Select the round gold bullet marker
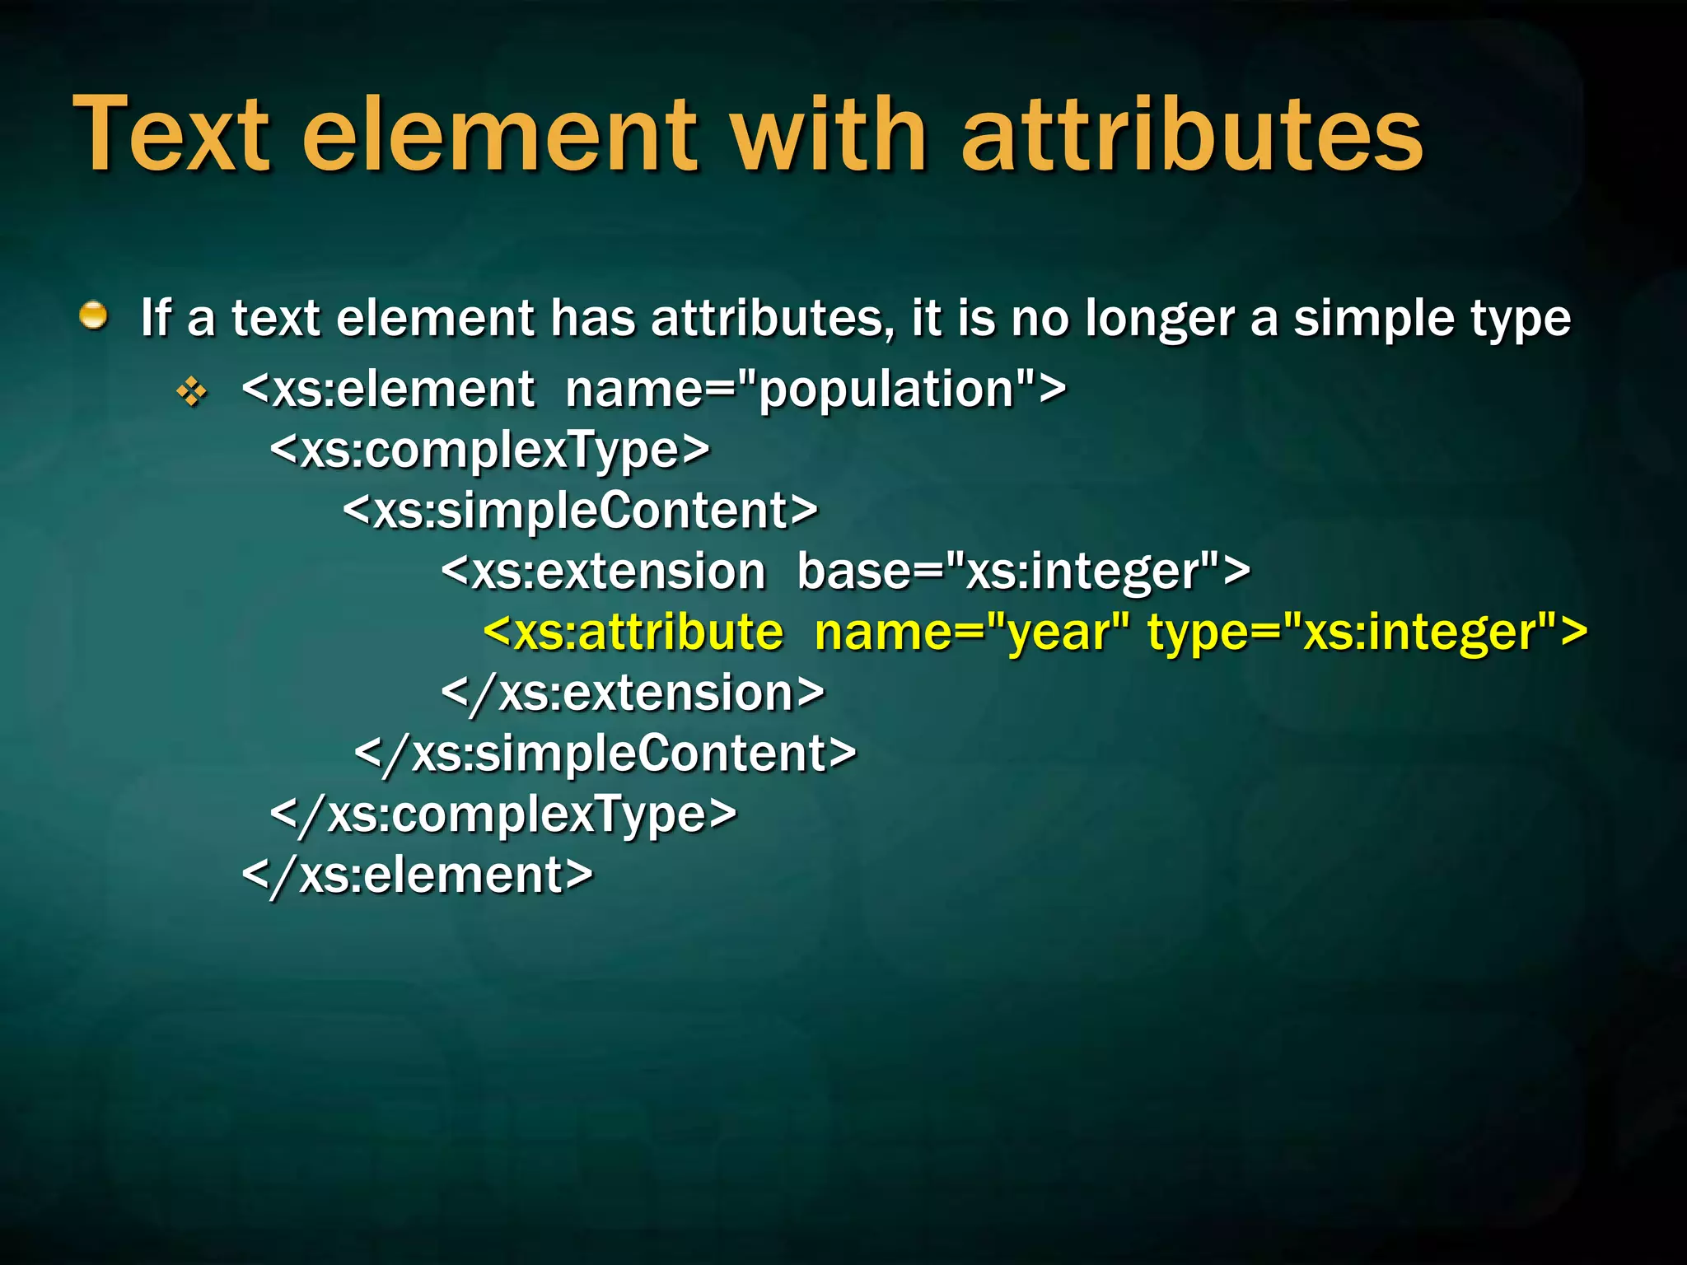[94, 315]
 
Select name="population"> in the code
[815, 390]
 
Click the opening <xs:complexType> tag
[489, 450]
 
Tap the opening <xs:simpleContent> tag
[580, 511]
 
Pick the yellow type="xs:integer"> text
[1367, 632]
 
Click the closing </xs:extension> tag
[633, 693]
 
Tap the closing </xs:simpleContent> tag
[605, 754]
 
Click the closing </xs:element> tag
[417, 875]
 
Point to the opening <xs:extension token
[603, 572]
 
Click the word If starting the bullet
[156, 318]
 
